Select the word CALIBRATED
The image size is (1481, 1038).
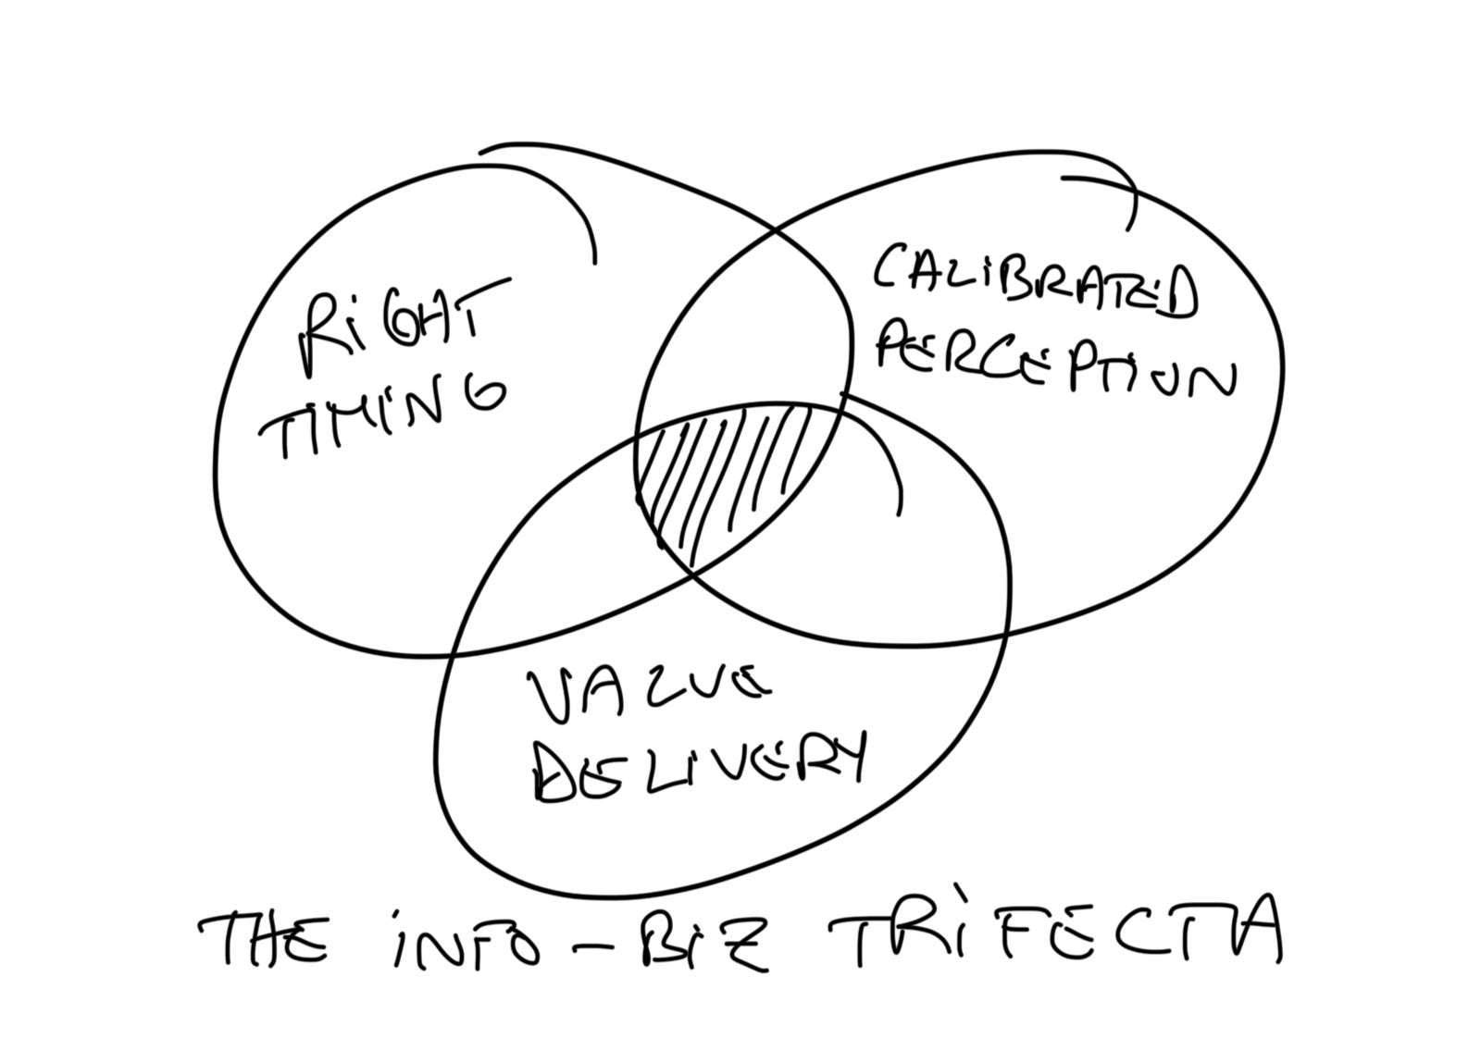[1033, 281]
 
